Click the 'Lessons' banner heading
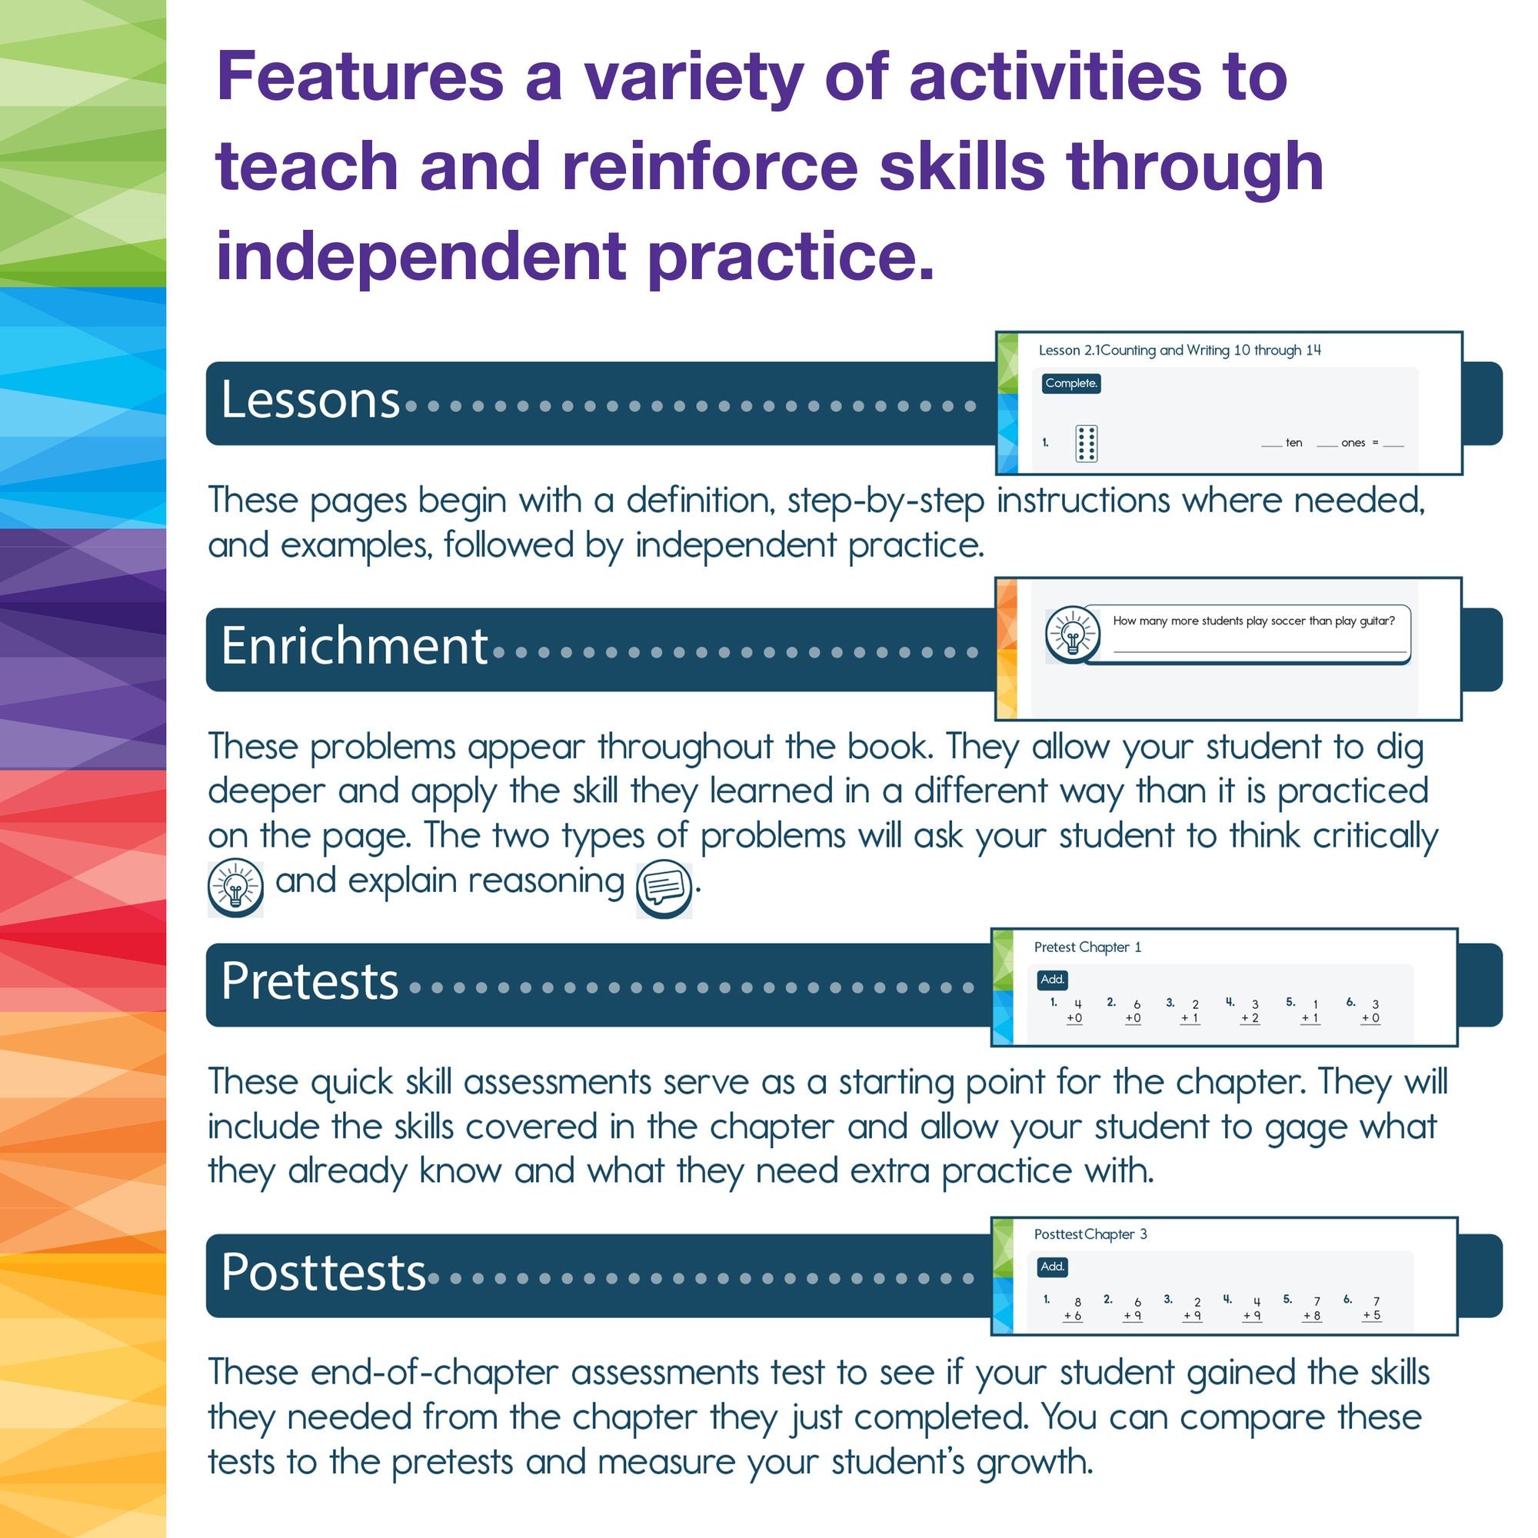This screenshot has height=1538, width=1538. click(310, 399)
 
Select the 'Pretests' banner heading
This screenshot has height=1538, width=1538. click(310, 980)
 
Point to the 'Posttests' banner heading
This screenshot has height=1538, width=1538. click(323, 1271)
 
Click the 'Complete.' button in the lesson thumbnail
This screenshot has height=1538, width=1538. click(1071, 384)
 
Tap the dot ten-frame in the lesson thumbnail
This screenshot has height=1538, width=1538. click(1087, 444)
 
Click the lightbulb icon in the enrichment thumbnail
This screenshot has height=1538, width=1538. click(1073, 635)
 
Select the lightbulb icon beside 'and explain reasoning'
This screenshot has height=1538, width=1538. click(235, 888)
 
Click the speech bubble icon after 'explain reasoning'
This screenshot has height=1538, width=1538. click(664, 889)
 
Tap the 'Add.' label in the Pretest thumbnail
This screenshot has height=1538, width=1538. click(1053, 980)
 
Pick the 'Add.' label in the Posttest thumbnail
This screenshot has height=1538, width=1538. click(1053, 1267)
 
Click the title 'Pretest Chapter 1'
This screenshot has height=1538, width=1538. click(1087, 947)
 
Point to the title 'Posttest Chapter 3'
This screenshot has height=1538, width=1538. click(1090, 1235)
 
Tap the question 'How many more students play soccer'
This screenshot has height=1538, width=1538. click(1253, 621)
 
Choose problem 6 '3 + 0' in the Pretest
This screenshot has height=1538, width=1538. click(1371, 1012)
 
